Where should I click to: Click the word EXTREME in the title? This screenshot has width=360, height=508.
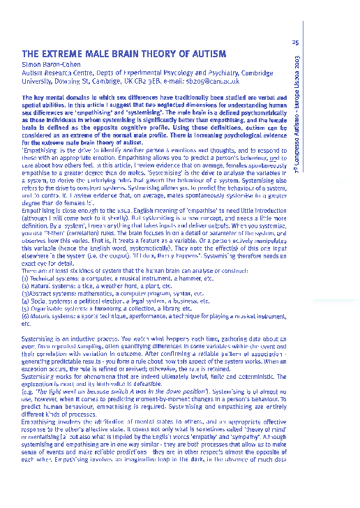65,54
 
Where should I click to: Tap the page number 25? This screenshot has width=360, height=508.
295,43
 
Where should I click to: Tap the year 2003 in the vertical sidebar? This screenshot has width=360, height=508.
297,63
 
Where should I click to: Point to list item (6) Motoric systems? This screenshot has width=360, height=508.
140,313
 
